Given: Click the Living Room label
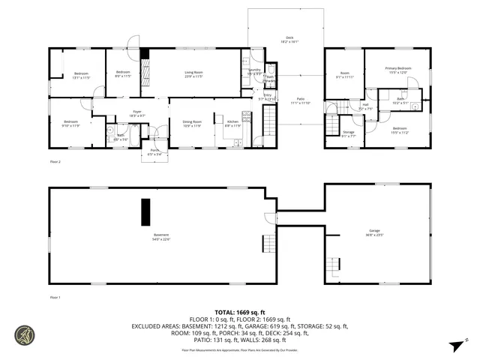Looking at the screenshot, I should coord(195,72).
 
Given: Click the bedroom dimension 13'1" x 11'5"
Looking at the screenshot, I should coord(81,77).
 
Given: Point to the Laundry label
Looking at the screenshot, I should coord(254,70).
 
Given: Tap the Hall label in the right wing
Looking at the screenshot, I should coord(365,104).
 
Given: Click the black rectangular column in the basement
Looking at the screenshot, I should coord(145,211).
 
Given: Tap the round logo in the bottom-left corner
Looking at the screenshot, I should coord(24,334).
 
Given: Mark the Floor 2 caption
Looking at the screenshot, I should coord(55,161).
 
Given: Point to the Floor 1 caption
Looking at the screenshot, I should coord(55,298).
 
